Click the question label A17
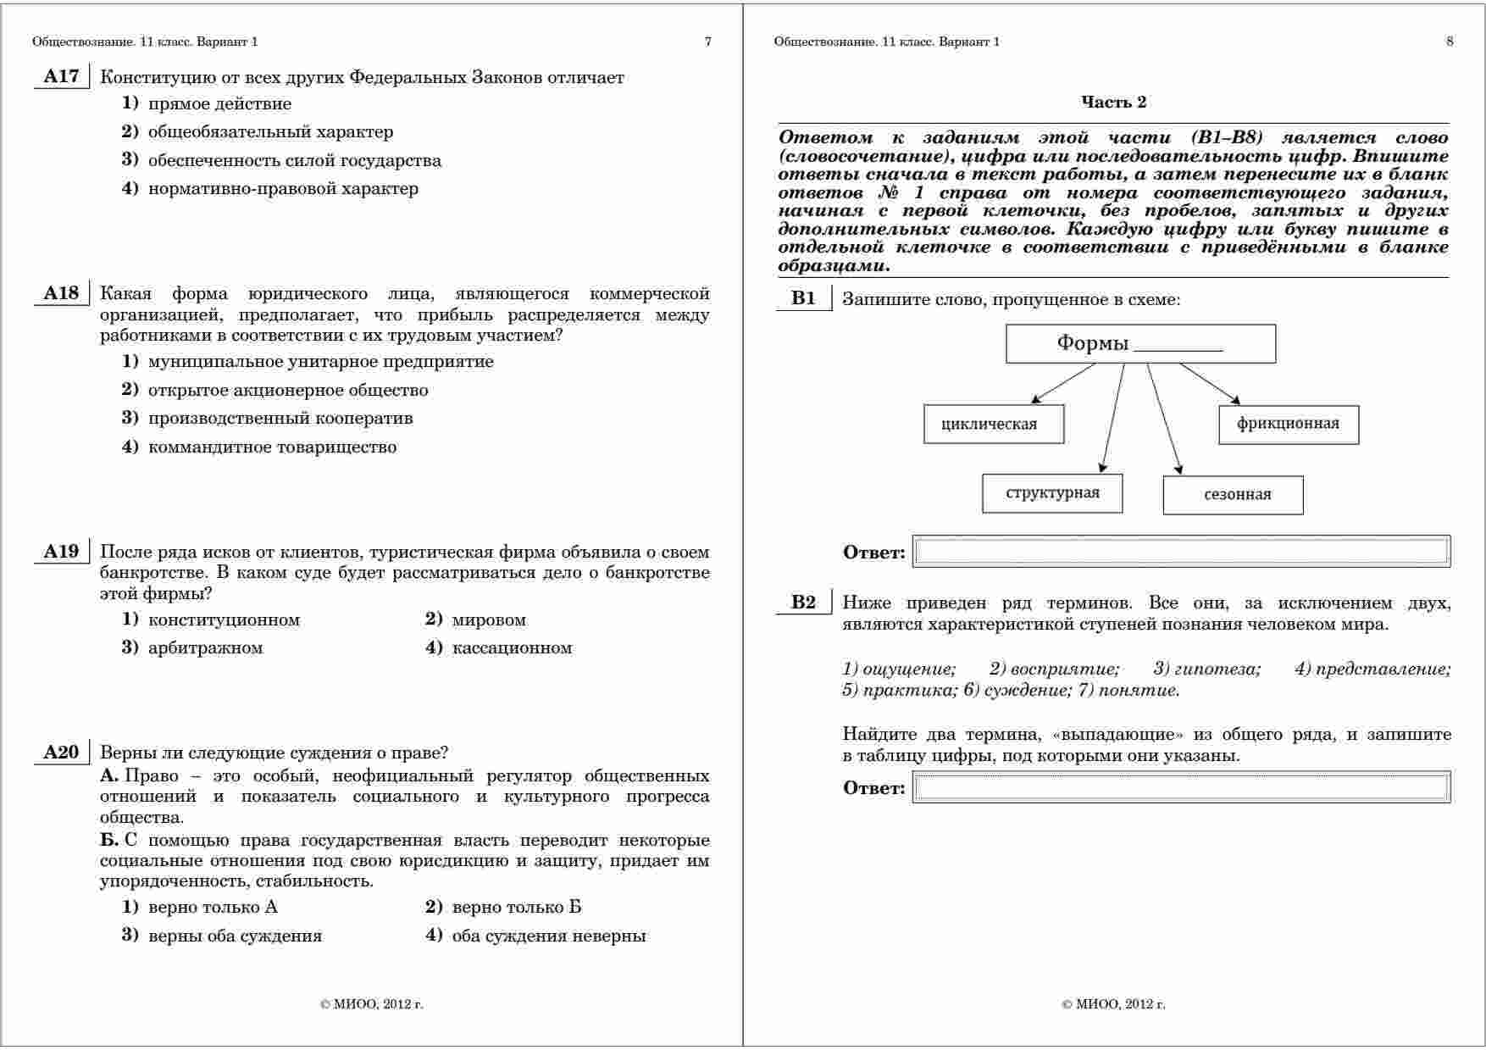(x=61, y=77)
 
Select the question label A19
(x=61, y=553)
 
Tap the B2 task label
(x=803, y=603)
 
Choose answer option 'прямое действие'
(x=219, y=104)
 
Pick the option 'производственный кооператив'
(x=280, y=419)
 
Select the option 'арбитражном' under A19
(x=205, y=648)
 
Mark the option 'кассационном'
(x=512, y=648)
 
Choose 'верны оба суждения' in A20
(x=235, y=936)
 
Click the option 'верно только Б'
(x=516, y=908)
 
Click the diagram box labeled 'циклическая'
(x=993, y=424)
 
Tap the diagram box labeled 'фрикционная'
(x=1288, y=424)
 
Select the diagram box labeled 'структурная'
(x=1052, y=493)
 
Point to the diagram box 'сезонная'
(x=1233, y=495)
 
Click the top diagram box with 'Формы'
(x=1140, y=343)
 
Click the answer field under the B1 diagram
(x=1181, y=552)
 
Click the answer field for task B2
(x=1181, y=787)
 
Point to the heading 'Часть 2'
(x=1113, y=103)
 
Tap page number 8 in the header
(x=1450, y=42)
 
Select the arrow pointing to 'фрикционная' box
(x=1210, y=383)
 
